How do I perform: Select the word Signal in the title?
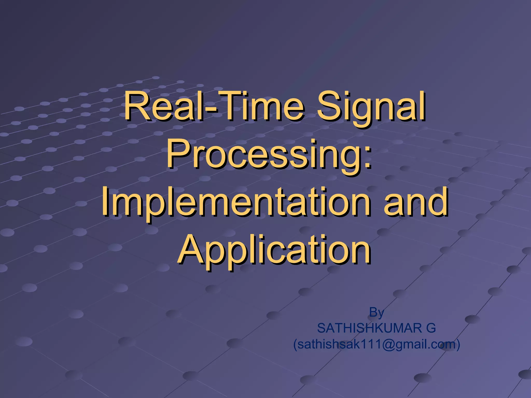[x=371, y=108]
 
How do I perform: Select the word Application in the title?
[x=275, y=250]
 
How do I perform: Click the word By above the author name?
[x=376, y=312]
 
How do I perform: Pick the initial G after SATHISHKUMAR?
[x=431, y=328]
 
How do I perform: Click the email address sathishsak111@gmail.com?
[x=376, y=344]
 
